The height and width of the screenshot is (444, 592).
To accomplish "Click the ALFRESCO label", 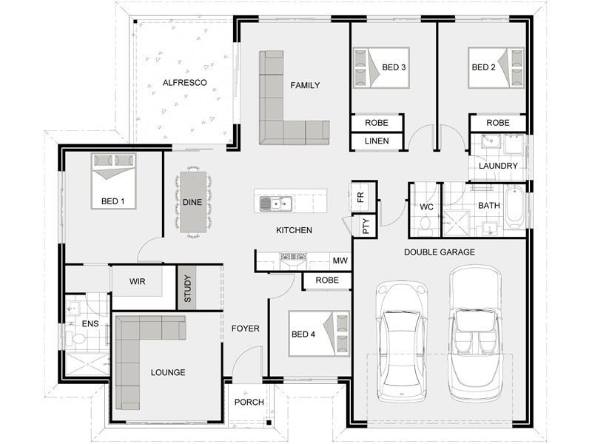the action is tap(184, 83).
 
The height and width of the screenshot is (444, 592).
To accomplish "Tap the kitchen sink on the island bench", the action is tap(276, 204).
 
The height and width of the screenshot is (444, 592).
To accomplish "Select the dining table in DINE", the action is tap(193, 202).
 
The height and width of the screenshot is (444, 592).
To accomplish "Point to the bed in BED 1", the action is tap(113, 181).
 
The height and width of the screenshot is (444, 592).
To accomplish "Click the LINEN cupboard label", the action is tap(377, 141).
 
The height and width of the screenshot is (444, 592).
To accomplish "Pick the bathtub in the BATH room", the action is tap(515, 207).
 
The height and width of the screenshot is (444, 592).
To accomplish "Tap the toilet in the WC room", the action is tap(425, 223).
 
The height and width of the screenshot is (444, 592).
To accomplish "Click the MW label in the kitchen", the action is tap(340, 260).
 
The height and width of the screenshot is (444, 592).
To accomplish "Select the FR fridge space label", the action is tap(360, 197).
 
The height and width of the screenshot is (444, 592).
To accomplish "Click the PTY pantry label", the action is tap(366, 226).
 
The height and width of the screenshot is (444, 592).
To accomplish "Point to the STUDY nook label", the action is tap(188, 289).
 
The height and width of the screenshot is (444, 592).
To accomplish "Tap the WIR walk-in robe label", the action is tap(137, 282).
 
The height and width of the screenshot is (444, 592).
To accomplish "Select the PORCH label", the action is tap(249, 402).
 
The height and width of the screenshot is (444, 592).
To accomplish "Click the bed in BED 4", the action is tap(319, 334).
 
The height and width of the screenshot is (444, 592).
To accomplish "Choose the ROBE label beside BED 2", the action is tap(498, 123).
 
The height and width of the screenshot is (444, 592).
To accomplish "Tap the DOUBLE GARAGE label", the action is tap(440, 252).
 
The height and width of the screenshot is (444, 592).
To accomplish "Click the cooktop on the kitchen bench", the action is tap(293, 257).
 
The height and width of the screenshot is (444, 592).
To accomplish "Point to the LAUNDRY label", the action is tap(498, 166).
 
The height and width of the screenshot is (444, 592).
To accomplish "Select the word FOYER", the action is tap(246, 329).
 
